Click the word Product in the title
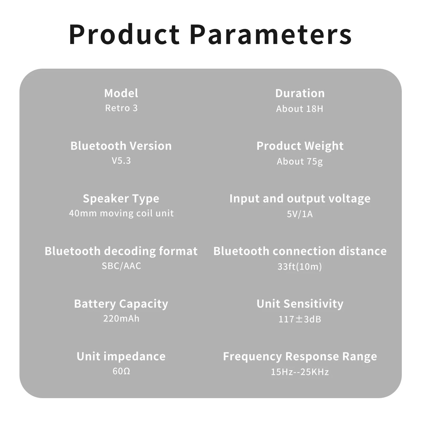pos(124,34)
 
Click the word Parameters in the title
pos(271,34)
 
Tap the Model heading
pos(121,93)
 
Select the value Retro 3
pos(121,108)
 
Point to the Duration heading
pos(300,93)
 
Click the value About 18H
pos(300,109)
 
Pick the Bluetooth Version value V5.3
pos(121,161)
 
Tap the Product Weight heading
pos(300,146)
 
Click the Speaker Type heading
pos(121,199)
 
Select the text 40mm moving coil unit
pos(121,213)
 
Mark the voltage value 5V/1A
pos(300,214)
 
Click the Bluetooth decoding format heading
pos(121,251)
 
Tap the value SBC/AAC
pos(121,266)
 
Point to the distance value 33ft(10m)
pos(300,266)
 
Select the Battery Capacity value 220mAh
pos(121,318)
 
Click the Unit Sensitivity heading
pos(300,304)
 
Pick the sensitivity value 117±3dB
pos(300,319)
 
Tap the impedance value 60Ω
pos(121,371)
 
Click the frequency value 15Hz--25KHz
pos(300,372)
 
